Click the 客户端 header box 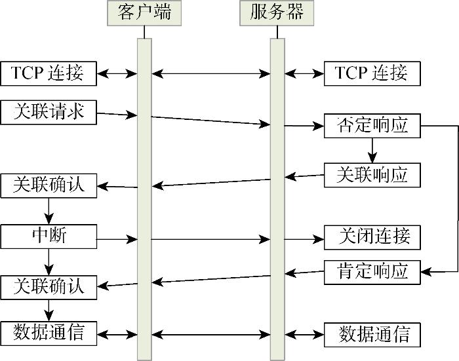tap(144, 12)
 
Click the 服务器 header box tap(277, 12)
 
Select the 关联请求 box tap(49, 112)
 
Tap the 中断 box tap(49, 236)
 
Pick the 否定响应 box tap(372, 125)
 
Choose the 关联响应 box tap(372, 174)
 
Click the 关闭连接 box tap(372, 236)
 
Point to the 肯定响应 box tap(372, 271)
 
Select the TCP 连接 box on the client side tap(49, 73)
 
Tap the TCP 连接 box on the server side tap(372, 73)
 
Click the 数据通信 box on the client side tap(49, 332)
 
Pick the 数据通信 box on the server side tap(372, 334)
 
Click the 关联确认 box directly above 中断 tap(49, 185)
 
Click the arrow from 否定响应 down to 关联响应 tap(372, 150)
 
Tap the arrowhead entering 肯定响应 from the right tap(425, 271)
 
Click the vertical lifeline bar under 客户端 tap(144, 197)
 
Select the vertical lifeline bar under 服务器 tap(277, 197)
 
